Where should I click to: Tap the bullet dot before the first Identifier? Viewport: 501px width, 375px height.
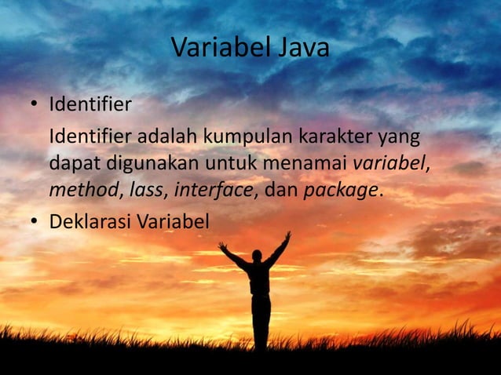[x=35, y=104]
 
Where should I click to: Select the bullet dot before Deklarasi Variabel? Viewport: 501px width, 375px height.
[x=35, y=224]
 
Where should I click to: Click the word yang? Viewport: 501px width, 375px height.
[x=400, y=138]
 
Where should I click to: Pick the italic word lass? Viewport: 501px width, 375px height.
[x=148, y=191]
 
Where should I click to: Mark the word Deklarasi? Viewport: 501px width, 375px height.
[x=90, y=222]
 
